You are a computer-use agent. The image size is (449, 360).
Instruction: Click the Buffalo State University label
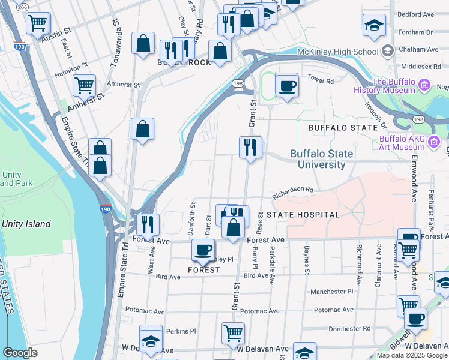318,159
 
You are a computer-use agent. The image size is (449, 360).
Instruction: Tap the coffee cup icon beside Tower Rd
287,85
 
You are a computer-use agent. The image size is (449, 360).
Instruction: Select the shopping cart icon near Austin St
37,23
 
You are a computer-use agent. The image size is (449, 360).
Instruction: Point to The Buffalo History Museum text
394,86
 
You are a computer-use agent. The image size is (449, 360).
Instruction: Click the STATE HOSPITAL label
303,214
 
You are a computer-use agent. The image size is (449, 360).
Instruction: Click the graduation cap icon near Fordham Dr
373,26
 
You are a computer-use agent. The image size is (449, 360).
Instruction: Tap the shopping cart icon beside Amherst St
84,85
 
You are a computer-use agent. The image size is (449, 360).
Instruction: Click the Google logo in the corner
20,352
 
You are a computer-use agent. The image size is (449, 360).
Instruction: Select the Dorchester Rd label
350,328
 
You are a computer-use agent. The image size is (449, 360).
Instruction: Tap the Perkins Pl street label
181,331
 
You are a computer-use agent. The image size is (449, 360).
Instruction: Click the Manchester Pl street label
332,292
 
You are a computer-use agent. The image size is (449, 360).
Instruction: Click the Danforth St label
193,213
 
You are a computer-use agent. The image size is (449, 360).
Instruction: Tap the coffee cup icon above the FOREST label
203,249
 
